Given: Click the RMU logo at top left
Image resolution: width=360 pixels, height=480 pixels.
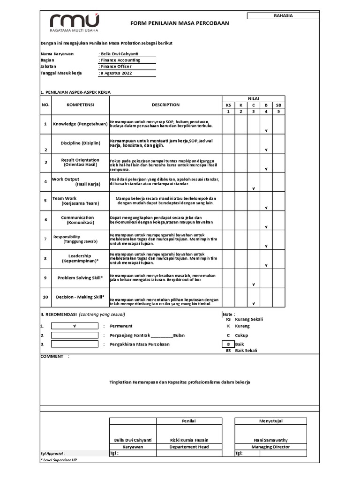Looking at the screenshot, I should coord(75,23).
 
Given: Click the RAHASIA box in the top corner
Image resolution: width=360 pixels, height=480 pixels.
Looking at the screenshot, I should coord(283,15).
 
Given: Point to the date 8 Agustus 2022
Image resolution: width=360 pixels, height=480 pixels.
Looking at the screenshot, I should coord(115,73).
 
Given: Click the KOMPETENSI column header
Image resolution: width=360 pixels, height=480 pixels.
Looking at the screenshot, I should coord(80,105).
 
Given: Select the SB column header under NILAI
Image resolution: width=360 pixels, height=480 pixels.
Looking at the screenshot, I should coord(278,105).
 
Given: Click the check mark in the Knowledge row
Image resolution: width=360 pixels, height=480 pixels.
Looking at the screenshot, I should coord(266,131).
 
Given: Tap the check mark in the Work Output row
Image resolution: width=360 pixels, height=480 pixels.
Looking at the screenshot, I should coord(253,188).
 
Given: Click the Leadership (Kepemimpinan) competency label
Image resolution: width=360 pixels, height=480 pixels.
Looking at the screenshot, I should coord(80,258).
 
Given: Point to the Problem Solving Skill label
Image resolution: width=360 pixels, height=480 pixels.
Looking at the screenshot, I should coord(80,277).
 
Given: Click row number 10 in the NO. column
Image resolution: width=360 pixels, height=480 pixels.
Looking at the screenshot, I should coord(45,297).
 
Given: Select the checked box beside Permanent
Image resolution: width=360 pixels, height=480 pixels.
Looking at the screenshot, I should coord(75,326).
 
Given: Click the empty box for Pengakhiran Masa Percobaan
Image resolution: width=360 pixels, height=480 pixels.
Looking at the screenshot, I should coord(75,345).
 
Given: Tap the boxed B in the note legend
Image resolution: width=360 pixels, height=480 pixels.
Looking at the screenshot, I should coord(228,344).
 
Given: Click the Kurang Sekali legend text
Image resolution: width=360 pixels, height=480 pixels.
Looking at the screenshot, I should coord(248,319).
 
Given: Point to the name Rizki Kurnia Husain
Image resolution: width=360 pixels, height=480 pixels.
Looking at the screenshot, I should coord(189,440).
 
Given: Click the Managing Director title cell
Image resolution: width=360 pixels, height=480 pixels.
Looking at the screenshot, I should coord(270,447).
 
